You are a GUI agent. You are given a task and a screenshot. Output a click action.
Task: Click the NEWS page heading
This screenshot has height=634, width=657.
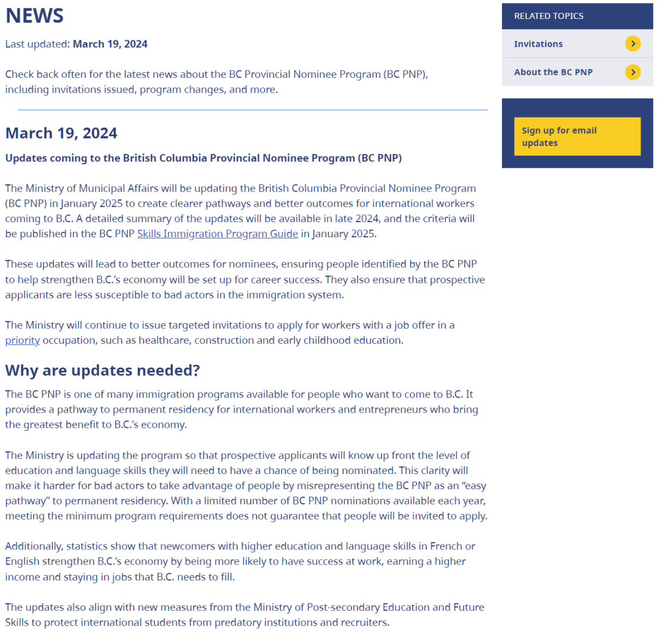tap(35, 16)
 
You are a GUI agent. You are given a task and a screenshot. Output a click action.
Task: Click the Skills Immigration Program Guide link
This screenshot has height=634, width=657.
tap(217, 234)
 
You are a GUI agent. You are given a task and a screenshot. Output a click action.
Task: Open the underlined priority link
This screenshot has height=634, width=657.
tap(23, 340)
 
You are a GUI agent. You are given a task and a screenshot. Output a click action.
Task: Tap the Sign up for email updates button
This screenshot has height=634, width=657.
tap(577, 136)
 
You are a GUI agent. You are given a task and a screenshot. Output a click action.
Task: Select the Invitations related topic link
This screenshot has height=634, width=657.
tap(538, 44)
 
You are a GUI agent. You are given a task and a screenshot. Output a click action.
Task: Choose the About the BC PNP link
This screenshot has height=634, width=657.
tap(553, 72)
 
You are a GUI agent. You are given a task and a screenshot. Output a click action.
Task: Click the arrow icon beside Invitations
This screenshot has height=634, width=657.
tap(633, 44)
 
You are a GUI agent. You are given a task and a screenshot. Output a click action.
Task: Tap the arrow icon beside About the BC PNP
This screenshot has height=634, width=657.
tap(633, 72)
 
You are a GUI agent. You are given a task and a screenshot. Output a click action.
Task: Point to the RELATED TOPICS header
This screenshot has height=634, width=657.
tap(548, 16)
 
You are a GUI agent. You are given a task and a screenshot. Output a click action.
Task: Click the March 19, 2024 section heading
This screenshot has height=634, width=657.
tap(61, 133)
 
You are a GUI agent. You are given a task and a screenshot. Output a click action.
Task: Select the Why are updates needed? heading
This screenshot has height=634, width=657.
tap(102, 370)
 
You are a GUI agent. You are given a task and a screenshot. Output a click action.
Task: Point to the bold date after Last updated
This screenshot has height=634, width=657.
tap(110, 44)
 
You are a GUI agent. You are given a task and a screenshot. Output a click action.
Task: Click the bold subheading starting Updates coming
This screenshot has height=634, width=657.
tap(203, 158)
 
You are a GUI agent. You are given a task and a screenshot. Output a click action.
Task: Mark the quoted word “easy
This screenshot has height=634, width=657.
tap(473, 486)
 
